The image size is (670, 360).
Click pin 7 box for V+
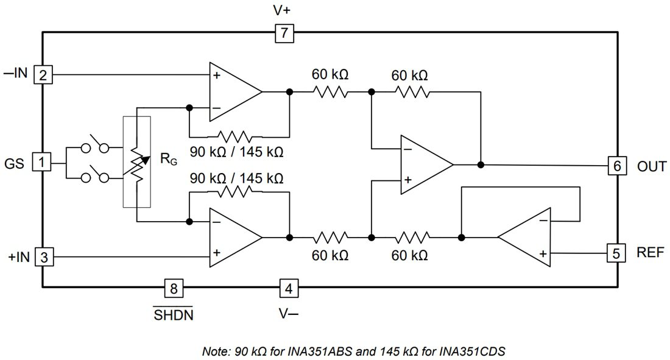(284, 33)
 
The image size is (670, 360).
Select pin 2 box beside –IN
(43, 75)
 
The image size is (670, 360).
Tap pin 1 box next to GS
(41, 163)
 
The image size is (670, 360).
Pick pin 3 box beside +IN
(43, 258)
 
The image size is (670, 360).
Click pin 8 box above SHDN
(174, 288)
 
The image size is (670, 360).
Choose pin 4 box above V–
(289, 288)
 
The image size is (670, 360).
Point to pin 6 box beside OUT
(616, 166)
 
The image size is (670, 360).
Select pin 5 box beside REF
(616, 252)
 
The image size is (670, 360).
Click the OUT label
(652, 166)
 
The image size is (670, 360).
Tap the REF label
(651, 252)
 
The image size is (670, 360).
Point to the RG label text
(168, 160)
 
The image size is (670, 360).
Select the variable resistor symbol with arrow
(137, 163)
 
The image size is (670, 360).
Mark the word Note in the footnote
(215, 351)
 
